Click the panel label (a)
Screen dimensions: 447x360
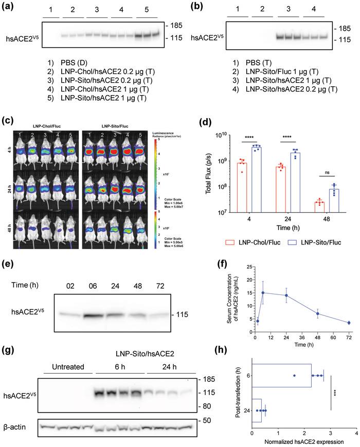[9, 7]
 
